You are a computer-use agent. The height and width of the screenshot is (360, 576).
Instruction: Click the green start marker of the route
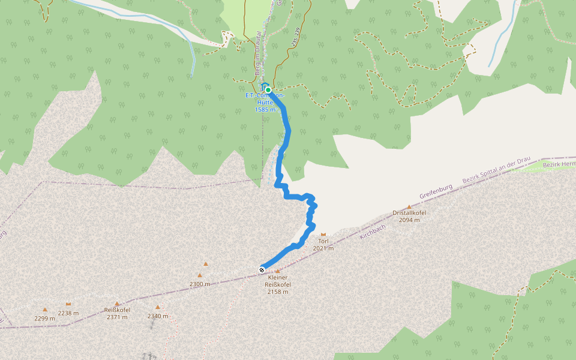(268, 90)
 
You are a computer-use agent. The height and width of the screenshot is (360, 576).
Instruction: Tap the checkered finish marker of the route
(262, 269)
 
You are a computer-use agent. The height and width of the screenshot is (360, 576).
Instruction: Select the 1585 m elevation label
(265, 109)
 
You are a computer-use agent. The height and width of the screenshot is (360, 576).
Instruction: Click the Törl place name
(323, 241)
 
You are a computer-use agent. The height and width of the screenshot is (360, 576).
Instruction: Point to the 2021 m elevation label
(323, 248)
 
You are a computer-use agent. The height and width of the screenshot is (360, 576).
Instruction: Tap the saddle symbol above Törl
(323, 234)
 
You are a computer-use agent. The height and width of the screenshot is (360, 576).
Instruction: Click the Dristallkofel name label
(409, 213)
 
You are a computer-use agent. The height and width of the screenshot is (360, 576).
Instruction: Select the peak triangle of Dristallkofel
(410, 206)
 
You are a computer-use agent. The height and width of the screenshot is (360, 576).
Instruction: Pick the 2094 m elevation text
(409, 220)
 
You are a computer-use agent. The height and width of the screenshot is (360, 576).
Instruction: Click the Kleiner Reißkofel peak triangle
(277, 271)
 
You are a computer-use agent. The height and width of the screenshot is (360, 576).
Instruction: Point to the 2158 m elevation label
(278, 292)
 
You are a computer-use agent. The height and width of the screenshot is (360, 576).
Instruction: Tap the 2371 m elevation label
(117, 317)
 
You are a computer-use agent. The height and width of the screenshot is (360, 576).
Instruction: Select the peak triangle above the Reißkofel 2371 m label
(117, 304)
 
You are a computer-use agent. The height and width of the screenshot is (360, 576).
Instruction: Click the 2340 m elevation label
(158, 316)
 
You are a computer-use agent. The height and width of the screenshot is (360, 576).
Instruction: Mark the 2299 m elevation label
(45, 318)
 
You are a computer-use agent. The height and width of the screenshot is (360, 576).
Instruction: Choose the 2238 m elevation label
(68, 313)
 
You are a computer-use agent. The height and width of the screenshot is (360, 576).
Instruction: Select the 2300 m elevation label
(200, 284)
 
